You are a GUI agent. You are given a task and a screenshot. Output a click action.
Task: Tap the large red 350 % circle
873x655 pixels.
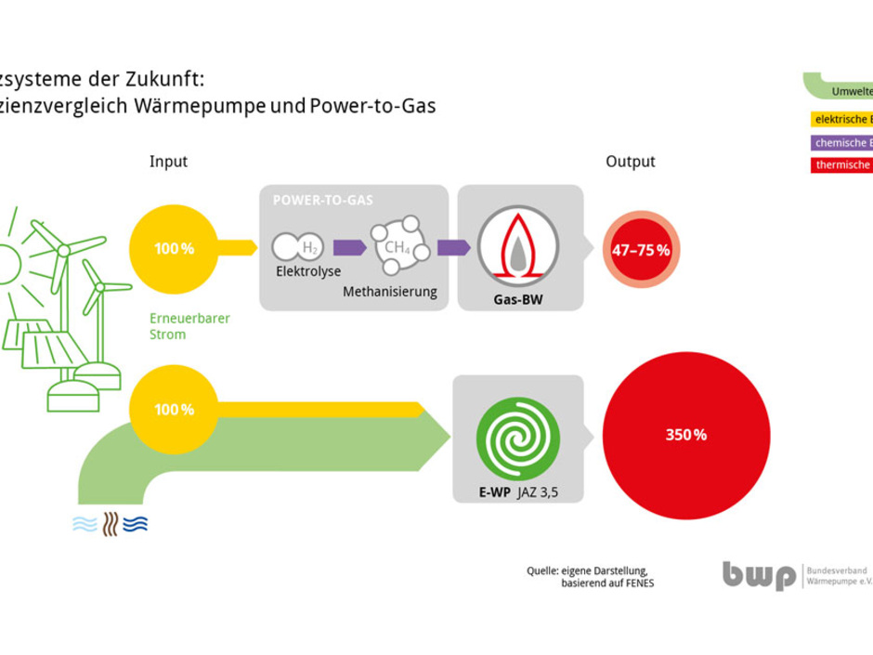click(x=686, y=434)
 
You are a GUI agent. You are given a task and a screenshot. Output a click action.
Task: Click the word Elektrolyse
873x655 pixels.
click(x=308, y=272)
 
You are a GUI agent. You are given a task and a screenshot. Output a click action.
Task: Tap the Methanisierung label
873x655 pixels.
click(x=390, y=292)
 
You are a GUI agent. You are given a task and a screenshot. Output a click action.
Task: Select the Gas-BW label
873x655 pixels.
click(x=518, y=300)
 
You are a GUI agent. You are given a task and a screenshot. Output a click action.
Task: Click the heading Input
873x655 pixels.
click(x=168, y=162)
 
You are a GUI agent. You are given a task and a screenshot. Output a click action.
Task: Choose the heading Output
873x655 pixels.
click(x=630, y=162)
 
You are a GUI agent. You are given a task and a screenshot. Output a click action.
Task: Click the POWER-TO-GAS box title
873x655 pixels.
click(x=317, y=200)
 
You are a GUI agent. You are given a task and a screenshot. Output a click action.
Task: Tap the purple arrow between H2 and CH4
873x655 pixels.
click(x=349, y=247)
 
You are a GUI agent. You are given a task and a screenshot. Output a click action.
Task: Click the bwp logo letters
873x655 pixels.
click(x=759, y=575)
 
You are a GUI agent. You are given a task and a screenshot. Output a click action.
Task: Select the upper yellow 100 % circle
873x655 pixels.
click(x=174, y=248)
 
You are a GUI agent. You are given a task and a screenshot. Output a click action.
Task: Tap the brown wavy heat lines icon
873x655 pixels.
click(x=111, y=524)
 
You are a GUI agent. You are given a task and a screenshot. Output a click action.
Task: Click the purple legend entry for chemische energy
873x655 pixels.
click(x=840, y=143)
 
